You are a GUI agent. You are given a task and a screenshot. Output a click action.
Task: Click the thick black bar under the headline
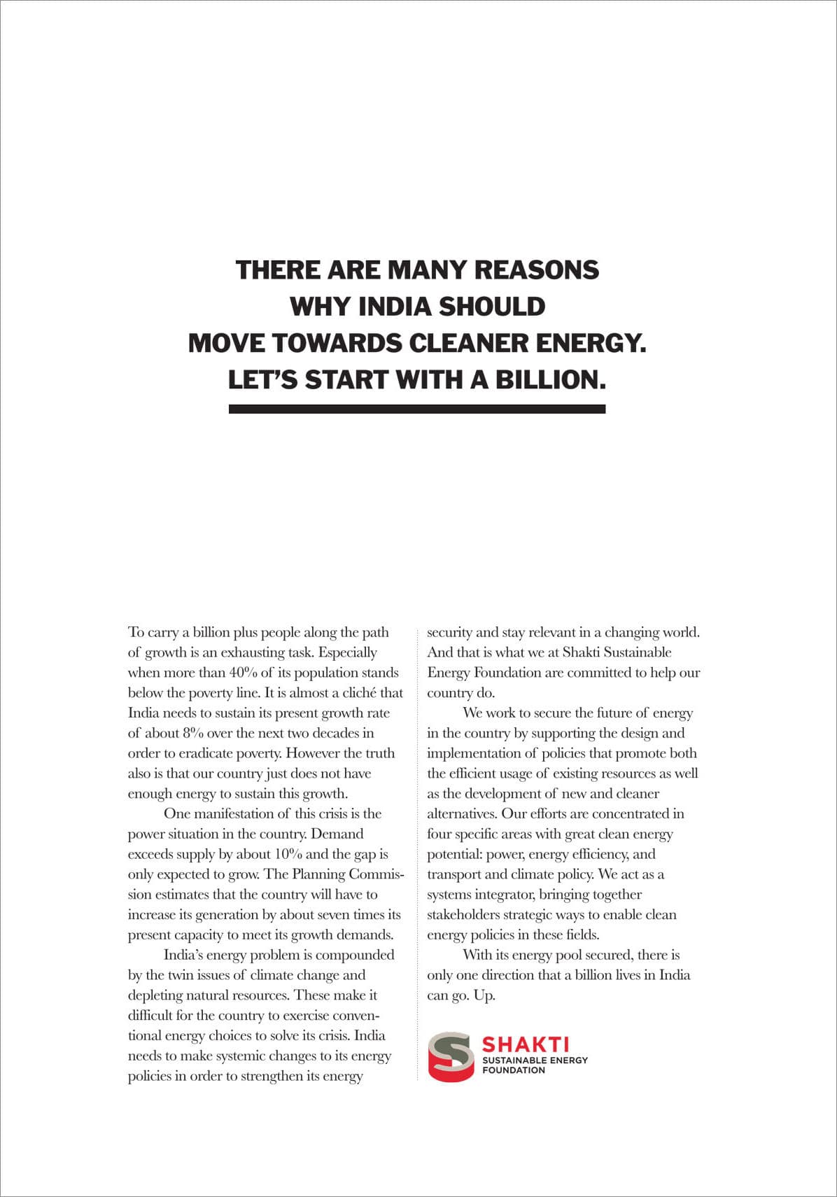click(416, 409)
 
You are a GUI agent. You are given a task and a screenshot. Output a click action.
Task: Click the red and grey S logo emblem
click(451, 1056)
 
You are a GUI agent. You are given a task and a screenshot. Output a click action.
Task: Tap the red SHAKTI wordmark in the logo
click(526, 1044)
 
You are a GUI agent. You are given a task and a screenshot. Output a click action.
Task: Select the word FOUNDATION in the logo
click(514, 1070)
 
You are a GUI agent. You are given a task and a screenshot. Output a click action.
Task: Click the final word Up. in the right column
click(484, 995)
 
